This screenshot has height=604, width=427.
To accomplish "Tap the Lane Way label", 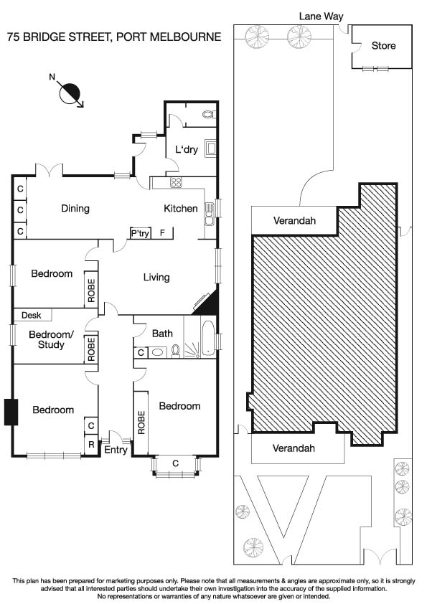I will click(321, 16).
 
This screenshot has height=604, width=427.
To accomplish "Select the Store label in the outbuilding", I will click(383, 46).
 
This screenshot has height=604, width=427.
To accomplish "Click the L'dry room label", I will click(186, 149).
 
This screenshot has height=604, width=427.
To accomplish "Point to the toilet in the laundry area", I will click(208, 113).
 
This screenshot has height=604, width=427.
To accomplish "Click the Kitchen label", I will click(181, 209).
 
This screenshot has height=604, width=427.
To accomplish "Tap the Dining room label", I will click(75, 209).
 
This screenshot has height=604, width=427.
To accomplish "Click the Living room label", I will click(156, 277).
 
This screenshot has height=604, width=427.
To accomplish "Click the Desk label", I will click(31, 315).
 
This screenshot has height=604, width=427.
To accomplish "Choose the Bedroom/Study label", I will click(46, 339).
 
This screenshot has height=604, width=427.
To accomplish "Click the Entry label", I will click(116, 450).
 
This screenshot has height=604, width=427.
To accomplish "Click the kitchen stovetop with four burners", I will click(177, 183).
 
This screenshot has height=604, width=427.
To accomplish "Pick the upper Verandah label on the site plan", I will click(294, 221).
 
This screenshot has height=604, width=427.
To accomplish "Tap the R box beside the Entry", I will click(91, 444).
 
